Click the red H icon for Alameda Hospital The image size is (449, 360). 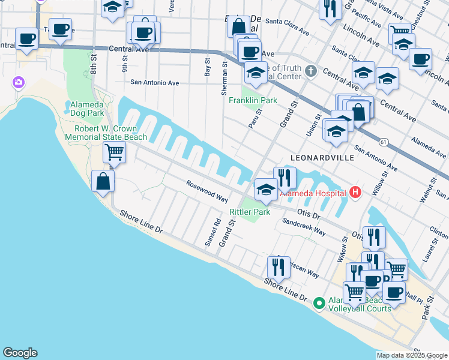[x=355, y=193]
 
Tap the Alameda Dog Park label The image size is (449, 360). [x=87, y=109]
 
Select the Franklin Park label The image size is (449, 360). [x=253, y=100]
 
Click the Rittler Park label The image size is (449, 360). [x=250, y=212]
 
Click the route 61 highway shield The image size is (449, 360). [x=382, y=142]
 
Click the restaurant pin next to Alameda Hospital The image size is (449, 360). [x=285, y=178]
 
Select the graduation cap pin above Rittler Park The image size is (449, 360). [x=266, y=190]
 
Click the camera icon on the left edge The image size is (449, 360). [x=19, y=82]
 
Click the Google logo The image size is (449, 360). [x=20, y=353]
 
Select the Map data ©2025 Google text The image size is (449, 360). [x=412, y=355]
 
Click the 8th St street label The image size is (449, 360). [x=94, y=63]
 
